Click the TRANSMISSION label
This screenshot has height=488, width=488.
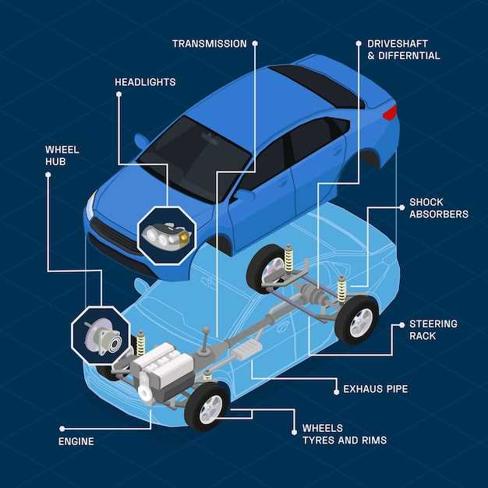[209, 44]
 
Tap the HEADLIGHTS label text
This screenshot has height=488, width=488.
[145, 82]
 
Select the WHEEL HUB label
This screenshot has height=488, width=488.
[62, 155]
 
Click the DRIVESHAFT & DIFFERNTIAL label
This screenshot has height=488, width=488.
[403, 50]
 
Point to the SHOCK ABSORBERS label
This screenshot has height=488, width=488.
[438, 208]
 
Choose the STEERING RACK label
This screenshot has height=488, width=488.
[433, 330]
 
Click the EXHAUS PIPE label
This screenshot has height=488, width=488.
[375, 388]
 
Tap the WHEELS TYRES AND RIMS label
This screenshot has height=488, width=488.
[344, 434]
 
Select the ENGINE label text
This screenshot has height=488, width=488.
[76, 441]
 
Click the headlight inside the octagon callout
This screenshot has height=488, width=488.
[166, 235]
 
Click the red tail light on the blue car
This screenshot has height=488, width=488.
[389, 112]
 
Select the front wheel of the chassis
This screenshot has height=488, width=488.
[207, 407]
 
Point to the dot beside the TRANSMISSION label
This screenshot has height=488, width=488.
[255, 44]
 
